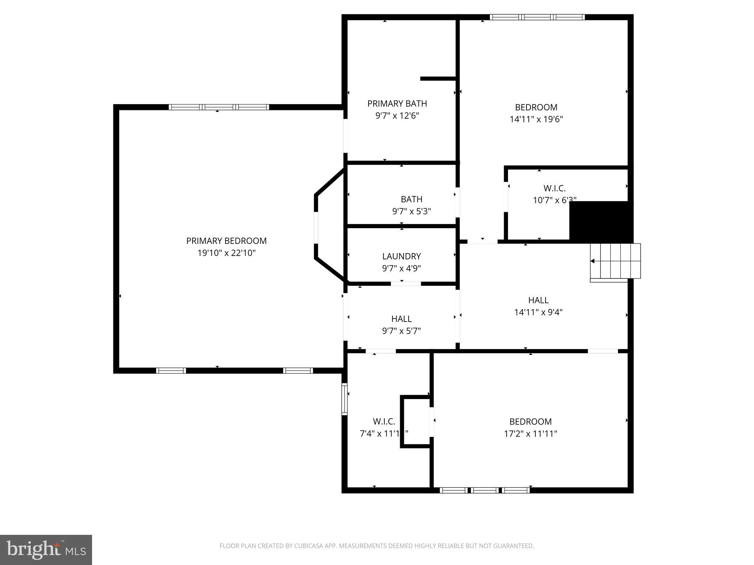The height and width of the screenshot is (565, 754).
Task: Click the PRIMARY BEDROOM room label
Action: point(226,241)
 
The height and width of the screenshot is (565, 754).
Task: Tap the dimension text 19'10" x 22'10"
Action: point(226,253)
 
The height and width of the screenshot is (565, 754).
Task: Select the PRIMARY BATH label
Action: point(397,104)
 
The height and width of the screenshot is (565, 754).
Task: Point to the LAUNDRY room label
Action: point(401,256)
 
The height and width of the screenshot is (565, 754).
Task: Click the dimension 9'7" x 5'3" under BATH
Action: point(411,212)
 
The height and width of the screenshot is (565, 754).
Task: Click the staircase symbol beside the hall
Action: point(615,261)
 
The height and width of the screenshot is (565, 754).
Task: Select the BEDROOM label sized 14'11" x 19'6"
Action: point(536,107)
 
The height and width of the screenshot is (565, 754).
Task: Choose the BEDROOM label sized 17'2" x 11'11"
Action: point(530,422)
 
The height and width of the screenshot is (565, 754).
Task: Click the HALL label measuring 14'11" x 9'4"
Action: point(538,300)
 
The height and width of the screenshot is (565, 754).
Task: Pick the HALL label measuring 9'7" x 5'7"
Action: point(401,319)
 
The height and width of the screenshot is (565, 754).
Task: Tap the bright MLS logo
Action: point(46,550)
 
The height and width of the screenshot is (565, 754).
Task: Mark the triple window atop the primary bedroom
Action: point(219,107)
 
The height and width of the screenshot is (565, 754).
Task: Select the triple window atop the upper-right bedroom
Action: point(537,17)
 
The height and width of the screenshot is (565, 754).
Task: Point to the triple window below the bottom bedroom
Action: point(485,490)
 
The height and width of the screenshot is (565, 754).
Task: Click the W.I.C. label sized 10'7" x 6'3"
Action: point(554,188)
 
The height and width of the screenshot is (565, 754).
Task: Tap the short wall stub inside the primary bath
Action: point(438,78)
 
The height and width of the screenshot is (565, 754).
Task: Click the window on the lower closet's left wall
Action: point(344,399)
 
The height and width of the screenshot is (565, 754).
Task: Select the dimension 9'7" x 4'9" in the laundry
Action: point(401,269)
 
